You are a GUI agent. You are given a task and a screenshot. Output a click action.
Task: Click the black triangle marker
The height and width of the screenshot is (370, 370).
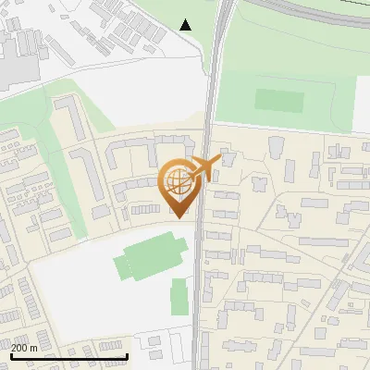tap(186, 24)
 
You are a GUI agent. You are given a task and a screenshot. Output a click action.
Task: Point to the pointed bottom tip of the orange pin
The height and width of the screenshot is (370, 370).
tap(178, 217)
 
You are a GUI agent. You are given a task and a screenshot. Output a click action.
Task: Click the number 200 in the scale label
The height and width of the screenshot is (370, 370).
tap(19, 347)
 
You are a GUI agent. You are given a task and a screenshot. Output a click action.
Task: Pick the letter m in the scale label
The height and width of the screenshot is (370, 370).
tap(33, 347)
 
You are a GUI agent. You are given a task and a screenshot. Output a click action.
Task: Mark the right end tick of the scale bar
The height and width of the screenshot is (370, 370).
tap(126, 354)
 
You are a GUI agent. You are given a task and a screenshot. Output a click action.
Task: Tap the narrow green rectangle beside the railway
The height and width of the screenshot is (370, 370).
tap(179, 296)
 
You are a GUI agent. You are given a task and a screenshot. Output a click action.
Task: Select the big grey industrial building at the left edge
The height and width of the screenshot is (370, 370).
tap(14, 60)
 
